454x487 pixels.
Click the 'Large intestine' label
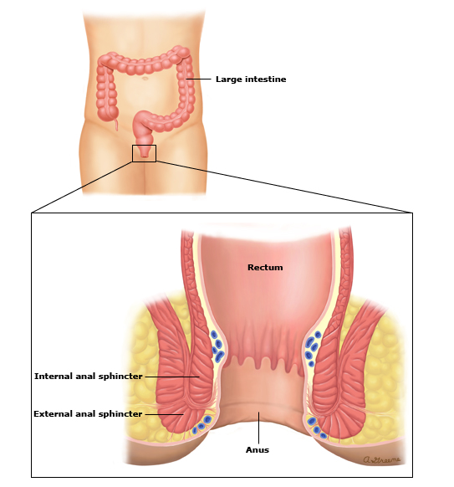pos(251,79)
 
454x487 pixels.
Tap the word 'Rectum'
pos(265,268)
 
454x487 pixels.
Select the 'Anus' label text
pos(258,449)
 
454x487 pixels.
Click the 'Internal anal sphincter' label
pos(88,377)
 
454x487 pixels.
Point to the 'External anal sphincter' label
pos(88,414)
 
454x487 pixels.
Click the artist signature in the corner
pos(381,459)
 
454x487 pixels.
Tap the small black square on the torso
pos(144,153)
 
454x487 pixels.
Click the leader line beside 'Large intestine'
pos(198,79)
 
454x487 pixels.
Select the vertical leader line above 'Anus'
pos(258,428)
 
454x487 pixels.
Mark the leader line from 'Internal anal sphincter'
pos(172,377)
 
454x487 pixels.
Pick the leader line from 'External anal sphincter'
pos(164,414)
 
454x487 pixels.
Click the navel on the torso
pos(145,78)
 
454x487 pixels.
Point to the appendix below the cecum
pos(116,124)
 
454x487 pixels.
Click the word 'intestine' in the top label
pos(266,79)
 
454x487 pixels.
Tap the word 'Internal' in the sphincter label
pos(53,377)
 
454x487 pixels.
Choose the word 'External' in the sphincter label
pos(53,414)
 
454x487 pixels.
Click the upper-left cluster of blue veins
pos(217,346)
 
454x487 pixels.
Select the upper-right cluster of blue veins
pos(313,348)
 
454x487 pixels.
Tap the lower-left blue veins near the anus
pos(201,424)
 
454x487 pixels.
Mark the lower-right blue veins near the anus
pos(316,428)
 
